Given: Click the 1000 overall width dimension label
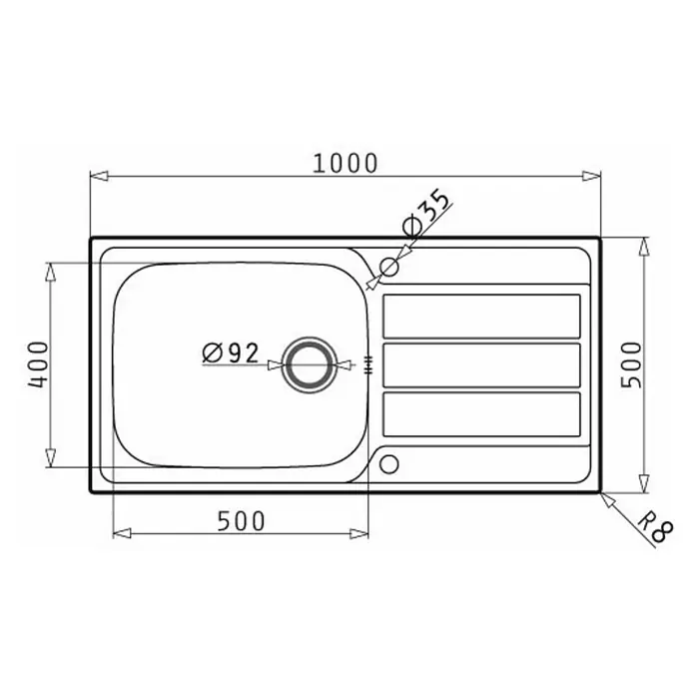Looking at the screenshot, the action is point(346,163).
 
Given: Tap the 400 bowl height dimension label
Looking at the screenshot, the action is point(38,364).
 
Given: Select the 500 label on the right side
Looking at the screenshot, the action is point(631,364).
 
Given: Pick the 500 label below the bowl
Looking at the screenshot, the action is point(241,521).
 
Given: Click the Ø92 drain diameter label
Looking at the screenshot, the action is point(230,353).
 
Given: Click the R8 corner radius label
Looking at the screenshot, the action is point(655,527).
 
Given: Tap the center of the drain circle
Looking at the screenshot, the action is point(309,364).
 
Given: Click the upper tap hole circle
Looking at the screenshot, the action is point(388,267).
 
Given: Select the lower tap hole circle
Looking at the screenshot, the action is point(388,464).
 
